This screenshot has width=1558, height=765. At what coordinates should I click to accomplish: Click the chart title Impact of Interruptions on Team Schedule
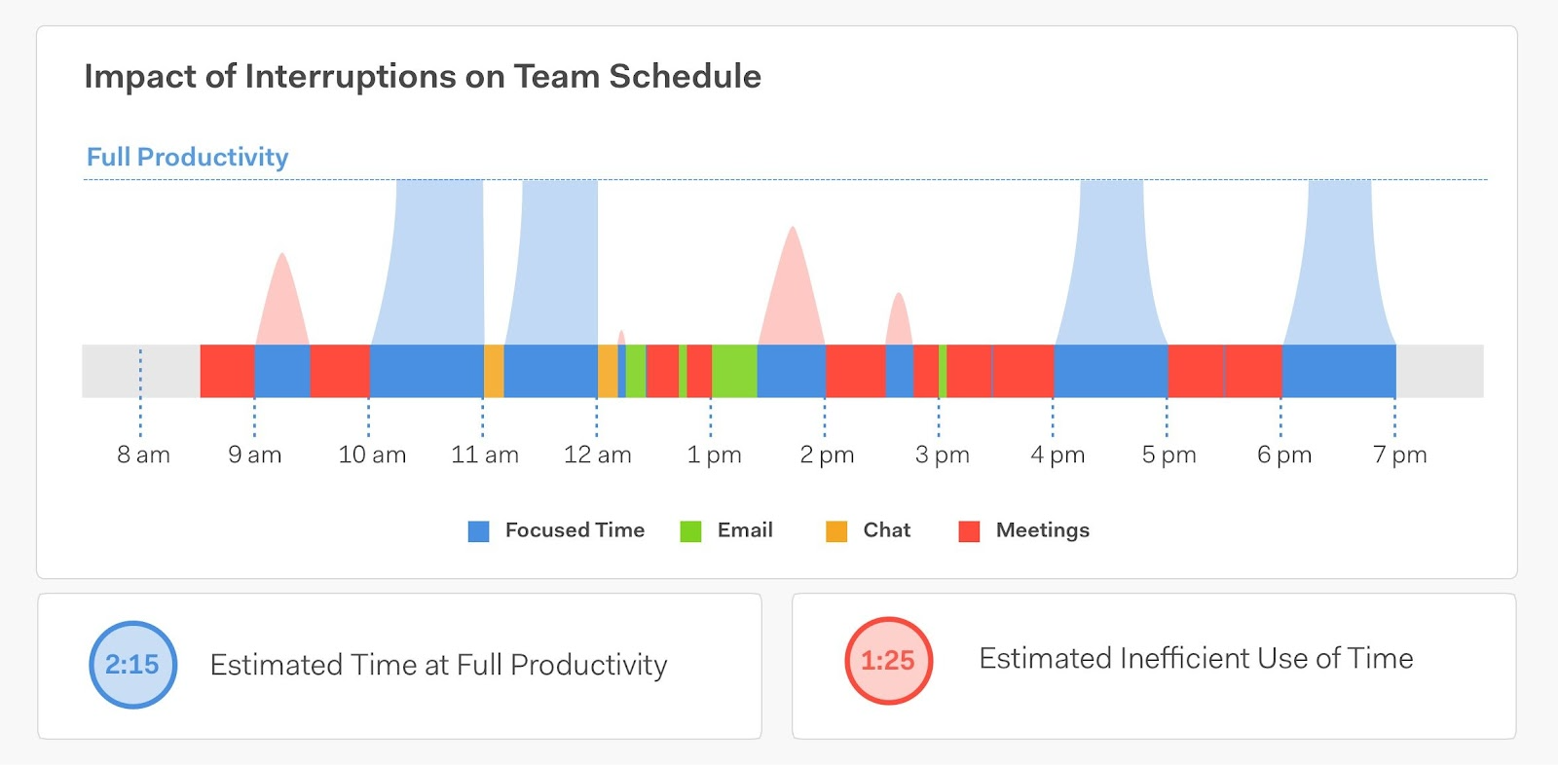(x=422, y=76)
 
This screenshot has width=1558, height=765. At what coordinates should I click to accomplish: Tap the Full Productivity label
(x=187, y=157)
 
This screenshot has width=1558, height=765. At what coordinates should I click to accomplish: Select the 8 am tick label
(x=143, y=455)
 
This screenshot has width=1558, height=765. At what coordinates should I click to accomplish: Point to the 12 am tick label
(x=597, y=455)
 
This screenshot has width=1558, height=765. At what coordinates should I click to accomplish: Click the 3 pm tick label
(x=942, y=455)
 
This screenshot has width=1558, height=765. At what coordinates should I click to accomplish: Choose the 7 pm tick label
(x=1399, y=455)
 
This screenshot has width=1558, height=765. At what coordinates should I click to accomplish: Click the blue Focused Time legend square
(x=478, y=531)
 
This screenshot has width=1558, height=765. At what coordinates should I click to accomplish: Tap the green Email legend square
(x=690, y=531)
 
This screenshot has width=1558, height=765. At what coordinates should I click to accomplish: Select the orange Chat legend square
(x=836, y=531)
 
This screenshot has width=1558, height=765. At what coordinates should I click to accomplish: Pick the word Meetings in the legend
(x=1042, y=530)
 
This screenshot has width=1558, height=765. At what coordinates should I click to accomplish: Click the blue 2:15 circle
(x=132, y=665)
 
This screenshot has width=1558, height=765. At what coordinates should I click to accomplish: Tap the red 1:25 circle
(x=888, y=661)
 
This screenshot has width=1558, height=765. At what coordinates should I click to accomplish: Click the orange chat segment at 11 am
(x=494, y=371)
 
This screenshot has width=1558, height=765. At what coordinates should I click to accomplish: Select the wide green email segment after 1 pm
(x=734, y=371)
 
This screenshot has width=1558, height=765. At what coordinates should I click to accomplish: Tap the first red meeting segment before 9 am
(x=227, y=371)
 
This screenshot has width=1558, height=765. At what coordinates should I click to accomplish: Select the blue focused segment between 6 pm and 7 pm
(x=1339, y=371)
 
